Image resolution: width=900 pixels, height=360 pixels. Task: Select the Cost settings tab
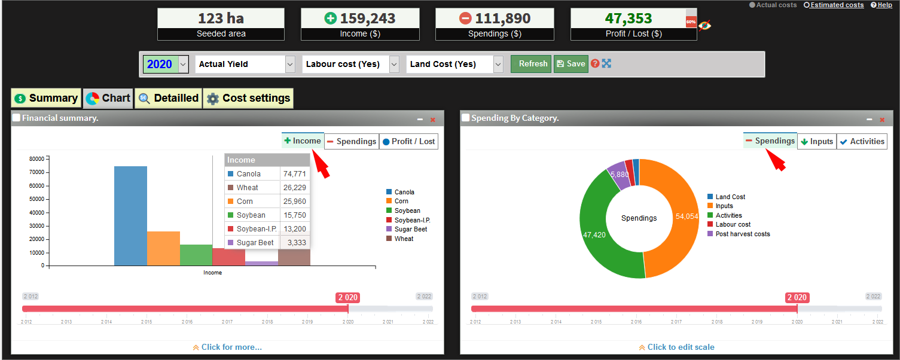248,98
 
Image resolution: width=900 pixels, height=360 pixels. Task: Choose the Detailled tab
168,98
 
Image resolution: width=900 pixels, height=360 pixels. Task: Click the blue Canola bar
130,215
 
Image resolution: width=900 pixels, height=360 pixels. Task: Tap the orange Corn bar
163,248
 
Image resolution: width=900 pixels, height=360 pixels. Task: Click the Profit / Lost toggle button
409,141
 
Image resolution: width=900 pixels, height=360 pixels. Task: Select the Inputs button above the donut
816,141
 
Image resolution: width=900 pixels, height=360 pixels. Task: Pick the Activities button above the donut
861,141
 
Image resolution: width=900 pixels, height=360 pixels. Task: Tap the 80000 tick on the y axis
36,159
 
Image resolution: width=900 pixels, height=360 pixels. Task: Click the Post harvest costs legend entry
742,234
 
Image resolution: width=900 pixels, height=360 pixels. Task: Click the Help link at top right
881,5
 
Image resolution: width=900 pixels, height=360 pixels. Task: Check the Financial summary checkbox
16,118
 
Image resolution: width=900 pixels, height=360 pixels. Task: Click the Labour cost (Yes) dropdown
350,64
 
